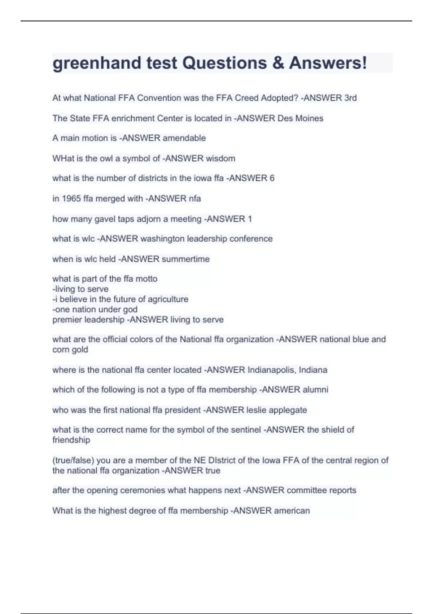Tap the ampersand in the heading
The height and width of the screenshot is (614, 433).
(278, 63)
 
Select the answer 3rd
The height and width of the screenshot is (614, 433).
(350, 98)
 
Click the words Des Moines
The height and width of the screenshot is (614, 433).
(300, 118)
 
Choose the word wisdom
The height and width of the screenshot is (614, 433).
(220, 158)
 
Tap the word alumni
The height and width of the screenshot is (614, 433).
(315, 390)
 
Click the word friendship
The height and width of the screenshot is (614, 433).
(71, 440)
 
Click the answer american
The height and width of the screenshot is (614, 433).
(292, 511)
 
